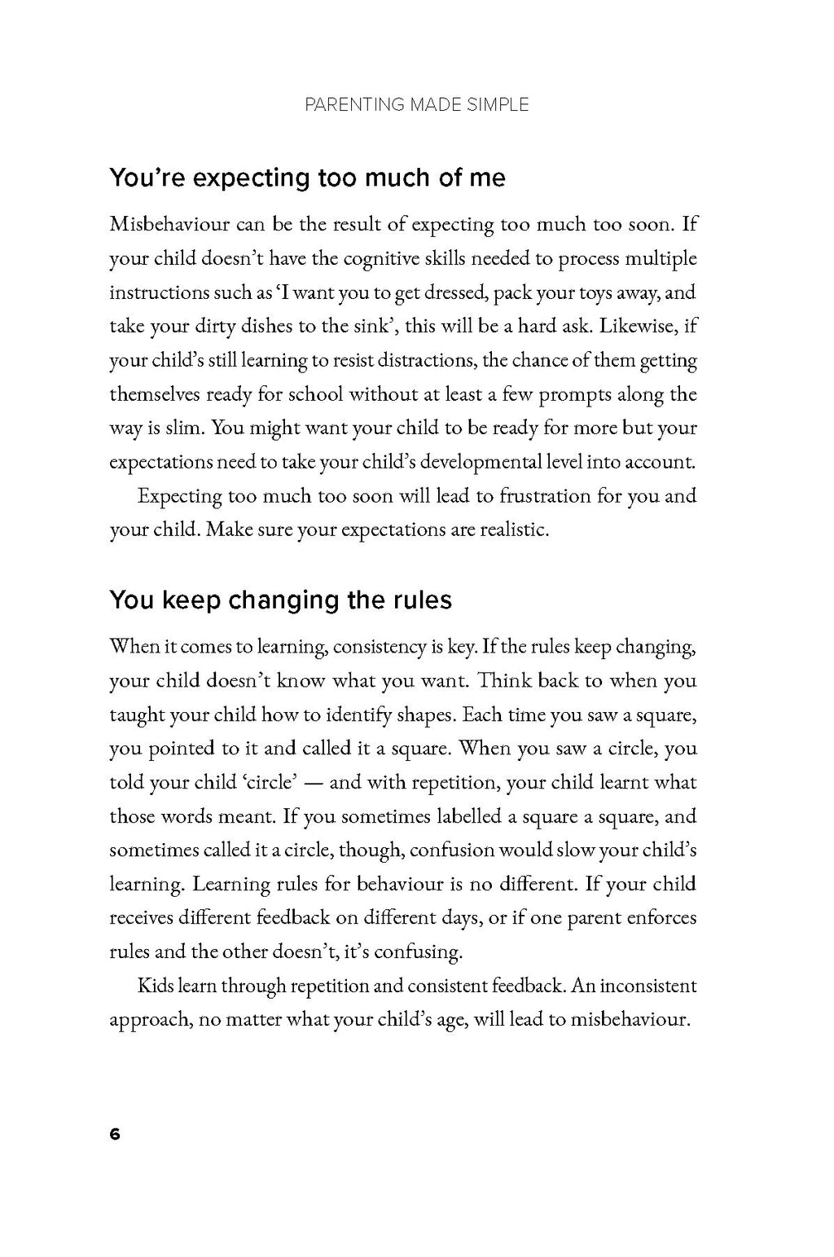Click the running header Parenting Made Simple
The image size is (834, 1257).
pyautogui.click(x=416, y=104)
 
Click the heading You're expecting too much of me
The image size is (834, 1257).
pyautogui.click(x=307, y=178)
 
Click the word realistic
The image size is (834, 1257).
pyautogui.click(x=511, y=530)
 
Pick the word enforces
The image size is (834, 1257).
pyautogui.click(x=661, y=918)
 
